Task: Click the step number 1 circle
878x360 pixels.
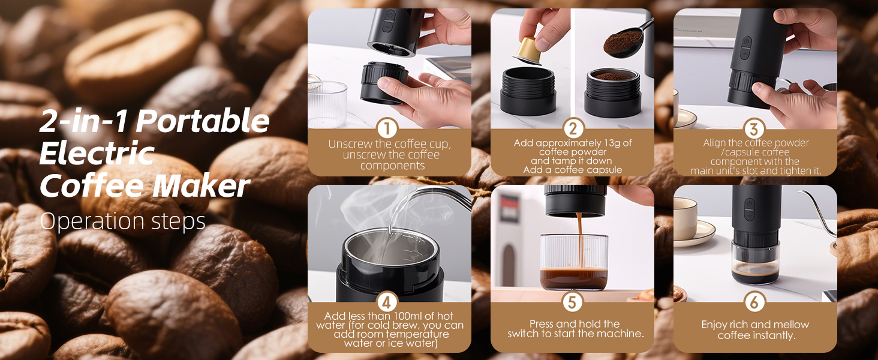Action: [387, 128]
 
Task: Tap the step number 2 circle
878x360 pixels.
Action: [573, 128]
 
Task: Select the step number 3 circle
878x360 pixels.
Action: [754, 128]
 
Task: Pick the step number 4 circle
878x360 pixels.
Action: [387, 302]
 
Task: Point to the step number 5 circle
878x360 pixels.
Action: [572, 302]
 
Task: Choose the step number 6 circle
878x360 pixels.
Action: [754, 302]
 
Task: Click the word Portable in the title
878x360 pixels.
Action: [203, 121]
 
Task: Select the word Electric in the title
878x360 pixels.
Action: [97, 154]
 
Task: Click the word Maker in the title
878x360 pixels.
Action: [201, 186]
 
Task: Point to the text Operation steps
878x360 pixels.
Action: [123, 221]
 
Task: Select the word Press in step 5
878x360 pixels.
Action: [542, 324]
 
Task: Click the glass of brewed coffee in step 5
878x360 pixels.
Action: [574, 262]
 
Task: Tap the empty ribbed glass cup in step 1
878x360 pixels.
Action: [327, 104]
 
